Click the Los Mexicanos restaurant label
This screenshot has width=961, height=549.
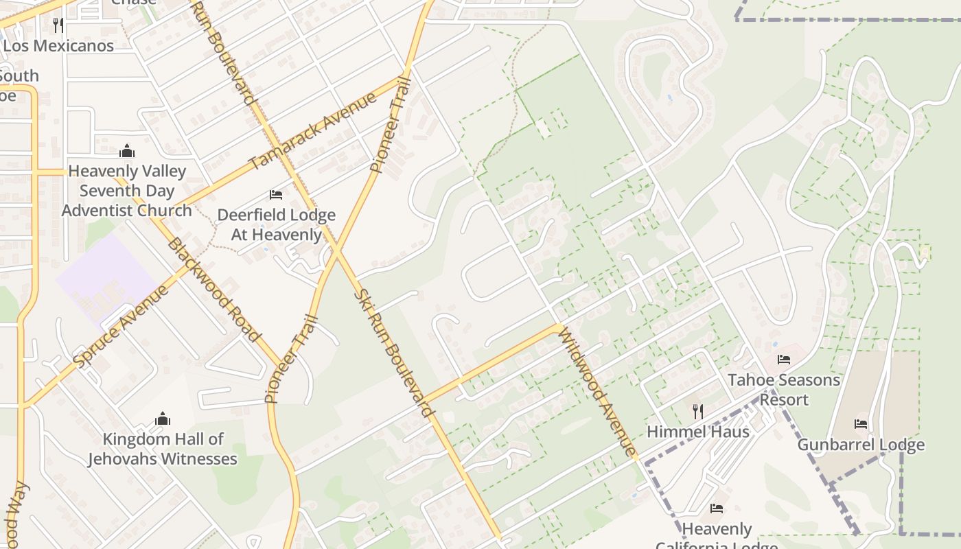(x=58, y=46)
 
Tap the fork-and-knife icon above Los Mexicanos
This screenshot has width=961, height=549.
(x=58, y=25)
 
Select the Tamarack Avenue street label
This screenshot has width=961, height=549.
(x=312, y=130)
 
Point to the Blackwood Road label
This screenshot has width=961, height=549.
(x=213, y=290)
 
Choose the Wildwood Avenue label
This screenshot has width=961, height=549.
(x=596, y=391)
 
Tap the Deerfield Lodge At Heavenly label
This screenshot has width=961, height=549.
(x=276, y=224)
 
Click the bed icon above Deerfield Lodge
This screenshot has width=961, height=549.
(x=276, y=195)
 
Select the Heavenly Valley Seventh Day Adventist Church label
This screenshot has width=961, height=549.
(x=127, y=191)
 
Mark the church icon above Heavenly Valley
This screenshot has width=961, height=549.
(x=127, y=151)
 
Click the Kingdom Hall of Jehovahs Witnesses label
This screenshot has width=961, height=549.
(x=163, y=449)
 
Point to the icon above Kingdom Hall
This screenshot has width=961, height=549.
(x=163, y=419)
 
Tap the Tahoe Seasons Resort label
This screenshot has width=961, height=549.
(x=784, y=389)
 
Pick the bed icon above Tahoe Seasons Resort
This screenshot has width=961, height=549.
(x=784, y=360)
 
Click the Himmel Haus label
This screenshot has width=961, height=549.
(x=698, y=432)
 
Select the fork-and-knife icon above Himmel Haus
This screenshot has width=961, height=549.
(x=698, y=411)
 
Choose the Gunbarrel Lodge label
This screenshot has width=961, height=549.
(x=861, y=445)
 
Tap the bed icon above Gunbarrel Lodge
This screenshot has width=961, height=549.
(x=861, y=424)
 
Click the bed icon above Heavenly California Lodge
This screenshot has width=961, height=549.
(x=717, y=509)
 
